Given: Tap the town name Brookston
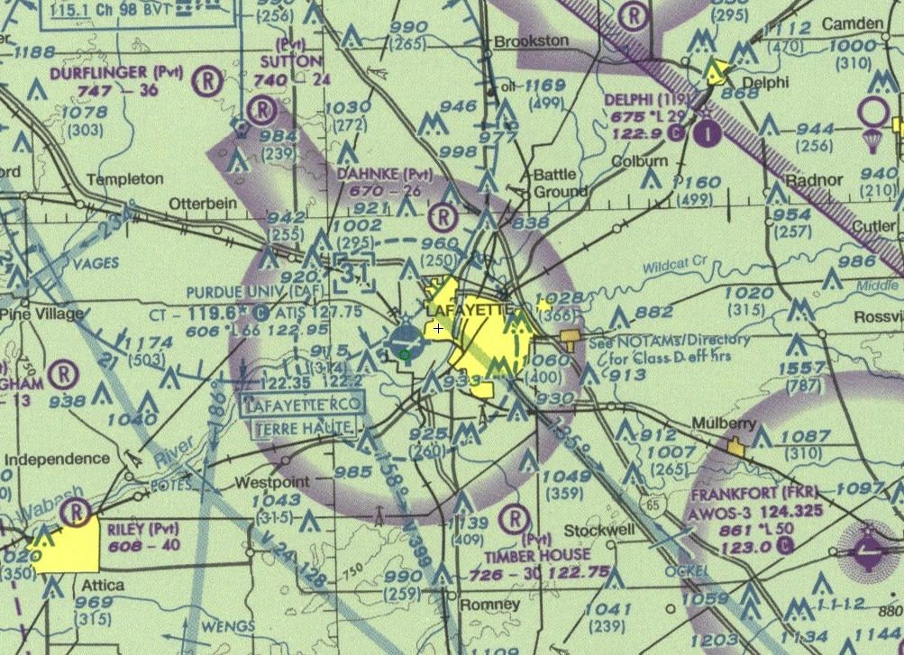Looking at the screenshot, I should click(x=531, y=41).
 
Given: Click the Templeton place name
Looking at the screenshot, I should click(x=125, y=179).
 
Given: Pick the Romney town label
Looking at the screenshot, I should click(x=489, y=605).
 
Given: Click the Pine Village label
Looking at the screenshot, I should click(x=41, y=314).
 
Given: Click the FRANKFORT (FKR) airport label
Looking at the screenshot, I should click(x=767, y=495).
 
